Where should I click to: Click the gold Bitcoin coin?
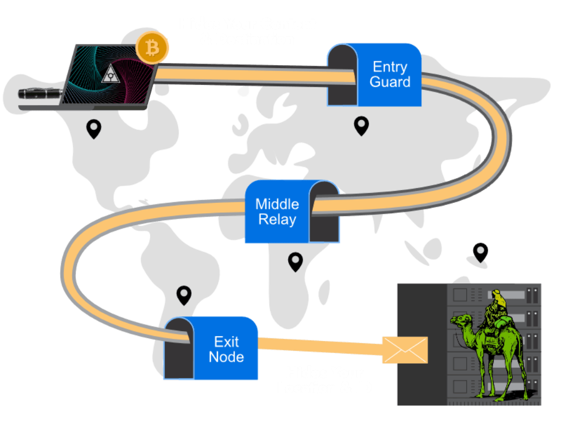click(x=152, y=48)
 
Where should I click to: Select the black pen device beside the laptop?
click(x=41, y=93)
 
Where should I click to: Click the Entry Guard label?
click(x=390, y=75)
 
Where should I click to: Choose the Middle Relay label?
click(x=277, y=212)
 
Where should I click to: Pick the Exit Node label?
click(x=226, y=349)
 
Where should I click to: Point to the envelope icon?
click(x=405, y=350)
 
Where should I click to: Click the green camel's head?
click(x=458, y=318)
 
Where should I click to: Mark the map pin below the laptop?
click(x=94, y=129)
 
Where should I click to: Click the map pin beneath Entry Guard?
click(x=361, y=126)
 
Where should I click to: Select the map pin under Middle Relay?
click(x=295, y=261)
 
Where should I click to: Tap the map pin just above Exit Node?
click(x=184, y=295)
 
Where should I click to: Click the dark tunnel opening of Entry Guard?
click(x=342, y=77)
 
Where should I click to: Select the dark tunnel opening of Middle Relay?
click(x=324, y=214)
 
